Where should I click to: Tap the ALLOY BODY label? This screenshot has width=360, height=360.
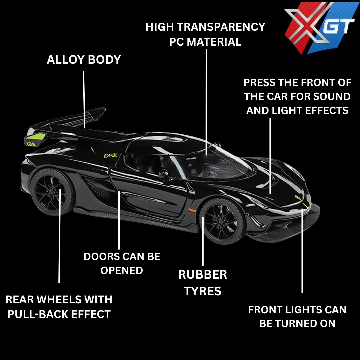(x=84, y=60)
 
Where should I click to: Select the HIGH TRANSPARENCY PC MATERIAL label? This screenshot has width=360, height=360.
(x=205, y=34)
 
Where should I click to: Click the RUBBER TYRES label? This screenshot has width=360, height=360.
(x=203, y=283)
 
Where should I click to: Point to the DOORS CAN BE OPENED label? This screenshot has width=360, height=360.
(x=122, y=263)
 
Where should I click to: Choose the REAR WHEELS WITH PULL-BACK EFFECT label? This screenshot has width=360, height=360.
(x=59, y=307)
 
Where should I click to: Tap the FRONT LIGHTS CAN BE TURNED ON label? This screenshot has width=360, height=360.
(x=297, y=316)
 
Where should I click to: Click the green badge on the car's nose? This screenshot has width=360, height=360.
(x=296, y=197)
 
